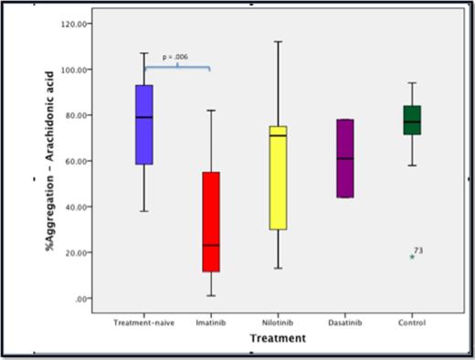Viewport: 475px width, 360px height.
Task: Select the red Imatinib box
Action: pos(210,221)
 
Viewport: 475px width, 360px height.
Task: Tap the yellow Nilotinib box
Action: pos(278,177)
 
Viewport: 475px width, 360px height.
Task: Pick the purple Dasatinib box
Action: pos(344,158)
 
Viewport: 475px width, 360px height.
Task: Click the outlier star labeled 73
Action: pos(412,257)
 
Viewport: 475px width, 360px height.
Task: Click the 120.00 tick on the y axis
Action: pos(74,24)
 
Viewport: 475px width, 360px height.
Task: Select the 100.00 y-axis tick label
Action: pos(74,69)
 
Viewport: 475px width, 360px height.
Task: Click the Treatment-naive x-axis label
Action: pos(143,323)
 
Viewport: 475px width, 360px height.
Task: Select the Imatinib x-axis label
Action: pos(210,323)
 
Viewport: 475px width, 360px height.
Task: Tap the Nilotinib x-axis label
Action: pos(278,323)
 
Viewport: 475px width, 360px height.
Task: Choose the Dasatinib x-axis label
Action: pos(344,323)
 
